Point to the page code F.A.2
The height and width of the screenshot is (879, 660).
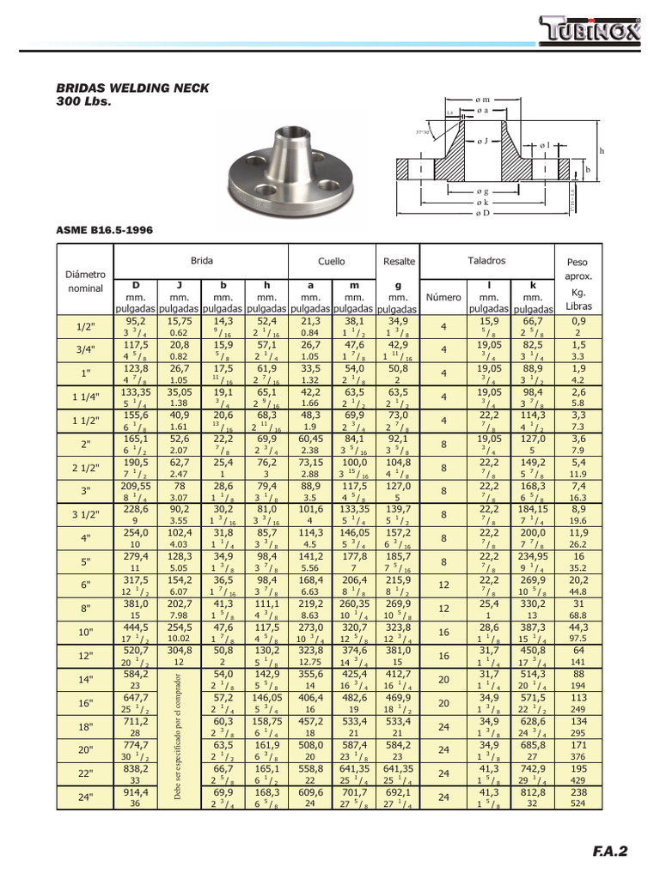coord(610,852)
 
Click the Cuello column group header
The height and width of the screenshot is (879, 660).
coord(331,260)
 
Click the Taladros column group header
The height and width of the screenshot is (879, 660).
coord(486,260)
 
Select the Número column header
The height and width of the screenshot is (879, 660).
coord(444,298)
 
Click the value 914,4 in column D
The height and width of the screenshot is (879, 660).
coord(136,792)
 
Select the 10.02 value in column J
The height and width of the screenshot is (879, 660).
coord(178,638)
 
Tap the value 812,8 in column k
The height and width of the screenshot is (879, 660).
coord(533,792)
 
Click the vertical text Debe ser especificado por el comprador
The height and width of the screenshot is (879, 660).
coord(178,738)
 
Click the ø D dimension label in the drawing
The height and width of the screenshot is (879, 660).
coord(482,212)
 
